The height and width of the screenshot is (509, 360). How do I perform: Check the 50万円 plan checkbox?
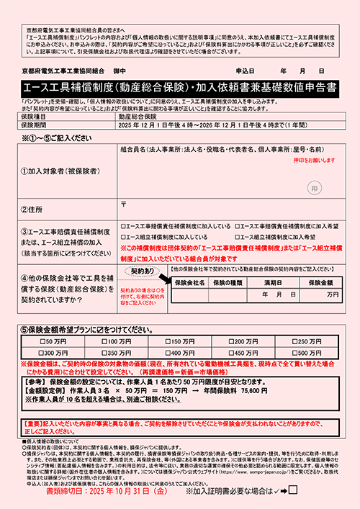(x=42, y=341)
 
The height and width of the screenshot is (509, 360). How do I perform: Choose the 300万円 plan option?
(x=42, y=353)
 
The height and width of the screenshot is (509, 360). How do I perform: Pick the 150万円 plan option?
(x=168, y=341)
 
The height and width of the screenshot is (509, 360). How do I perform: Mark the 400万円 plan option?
(x=168, y=353)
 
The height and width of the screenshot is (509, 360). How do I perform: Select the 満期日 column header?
(x=276, y=283)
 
